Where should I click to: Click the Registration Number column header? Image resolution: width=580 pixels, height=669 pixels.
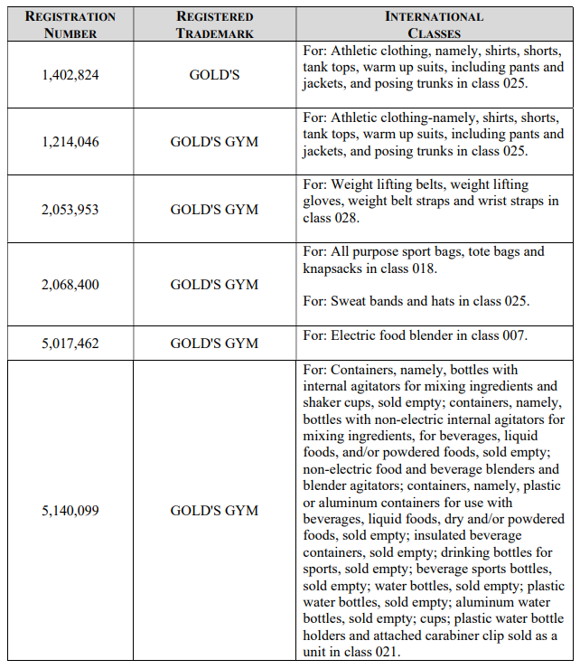point(70,24)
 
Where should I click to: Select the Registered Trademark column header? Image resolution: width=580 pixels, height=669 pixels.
point(215,24)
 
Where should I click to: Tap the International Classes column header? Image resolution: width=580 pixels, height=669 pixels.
point(434,24)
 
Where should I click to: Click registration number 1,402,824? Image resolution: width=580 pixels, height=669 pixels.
point(70,75)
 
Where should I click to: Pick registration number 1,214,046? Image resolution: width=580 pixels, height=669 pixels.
point(70,142)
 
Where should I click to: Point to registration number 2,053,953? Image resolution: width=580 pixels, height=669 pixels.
point(70,210)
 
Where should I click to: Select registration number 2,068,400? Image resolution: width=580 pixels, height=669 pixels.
point(70,285)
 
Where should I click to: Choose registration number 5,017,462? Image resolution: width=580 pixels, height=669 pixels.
point(70,344)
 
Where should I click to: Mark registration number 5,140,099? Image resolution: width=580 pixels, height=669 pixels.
point(70,511)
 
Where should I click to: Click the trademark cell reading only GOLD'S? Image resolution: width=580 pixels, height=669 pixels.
point(215,75)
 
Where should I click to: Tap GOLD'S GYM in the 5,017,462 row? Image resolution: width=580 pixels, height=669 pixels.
point(215,344)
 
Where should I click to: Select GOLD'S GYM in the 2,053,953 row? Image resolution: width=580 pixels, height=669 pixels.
point(215,210)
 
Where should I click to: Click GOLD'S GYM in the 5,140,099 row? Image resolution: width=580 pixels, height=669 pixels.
point(215,511)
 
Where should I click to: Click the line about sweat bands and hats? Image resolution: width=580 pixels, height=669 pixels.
point(416,301)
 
